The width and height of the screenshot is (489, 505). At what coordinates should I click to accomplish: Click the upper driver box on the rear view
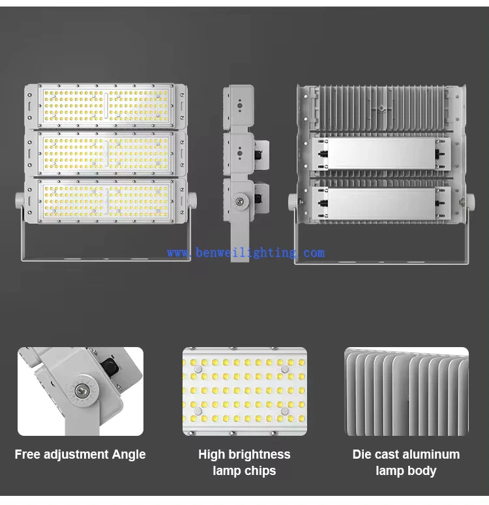(380, 154)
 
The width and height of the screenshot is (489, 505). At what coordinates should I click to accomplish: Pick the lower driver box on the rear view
(380, 203)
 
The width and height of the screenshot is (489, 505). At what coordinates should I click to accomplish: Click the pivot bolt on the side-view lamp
(241, 200)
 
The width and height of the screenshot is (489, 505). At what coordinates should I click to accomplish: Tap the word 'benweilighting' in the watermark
(245, 252)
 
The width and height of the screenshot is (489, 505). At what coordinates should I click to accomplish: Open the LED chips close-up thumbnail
(244, 391)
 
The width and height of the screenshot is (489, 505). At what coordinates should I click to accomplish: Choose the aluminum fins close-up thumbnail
(406, 391)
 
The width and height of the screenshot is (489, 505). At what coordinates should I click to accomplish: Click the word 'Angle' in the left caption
(128, 455)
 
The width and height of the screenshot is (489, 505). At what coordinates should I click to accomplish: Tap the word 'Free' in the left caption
(28, 455)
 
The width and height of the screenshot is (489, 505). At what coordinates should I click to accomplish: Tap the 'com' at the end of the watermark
(313, 252)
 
